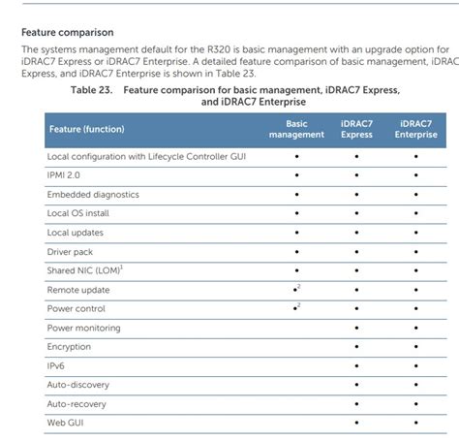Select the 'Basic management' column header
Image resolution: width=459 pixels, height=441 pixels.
pos(296,129)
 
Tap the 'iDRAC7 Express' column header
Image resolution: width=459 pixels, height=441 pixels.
pos(356,129)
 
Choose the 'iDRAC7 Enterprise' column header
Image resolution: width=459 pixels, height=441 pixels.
pos(415,129)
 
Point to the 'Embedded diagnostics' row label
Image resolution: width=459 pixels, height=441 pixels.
pos(93,194)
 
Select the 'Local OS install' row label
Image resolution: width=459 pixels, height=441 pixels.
pos(77,213)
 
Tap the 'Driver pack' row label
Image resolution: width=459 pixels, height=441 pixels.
pos(70,251)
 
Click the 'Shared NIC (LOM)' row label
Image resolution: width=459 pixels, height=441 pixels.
pos(84,270)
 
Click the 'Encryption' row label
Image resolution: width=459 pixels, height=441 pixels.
pos(69,347)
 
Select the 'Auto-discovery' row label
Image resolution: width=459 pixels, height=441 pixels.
pos(77,385)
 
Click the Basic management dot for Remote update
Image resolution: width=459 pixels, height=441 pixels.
pos(294,291)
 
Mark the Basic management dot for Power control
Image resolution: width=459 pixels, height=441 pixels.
pos(294,309)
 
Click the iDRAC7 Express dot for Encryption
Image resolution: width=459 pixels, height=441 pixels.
pos(356,347)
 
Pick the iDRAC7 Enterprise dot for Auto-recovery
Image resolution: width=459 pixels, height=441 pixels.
pos(415,404)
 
